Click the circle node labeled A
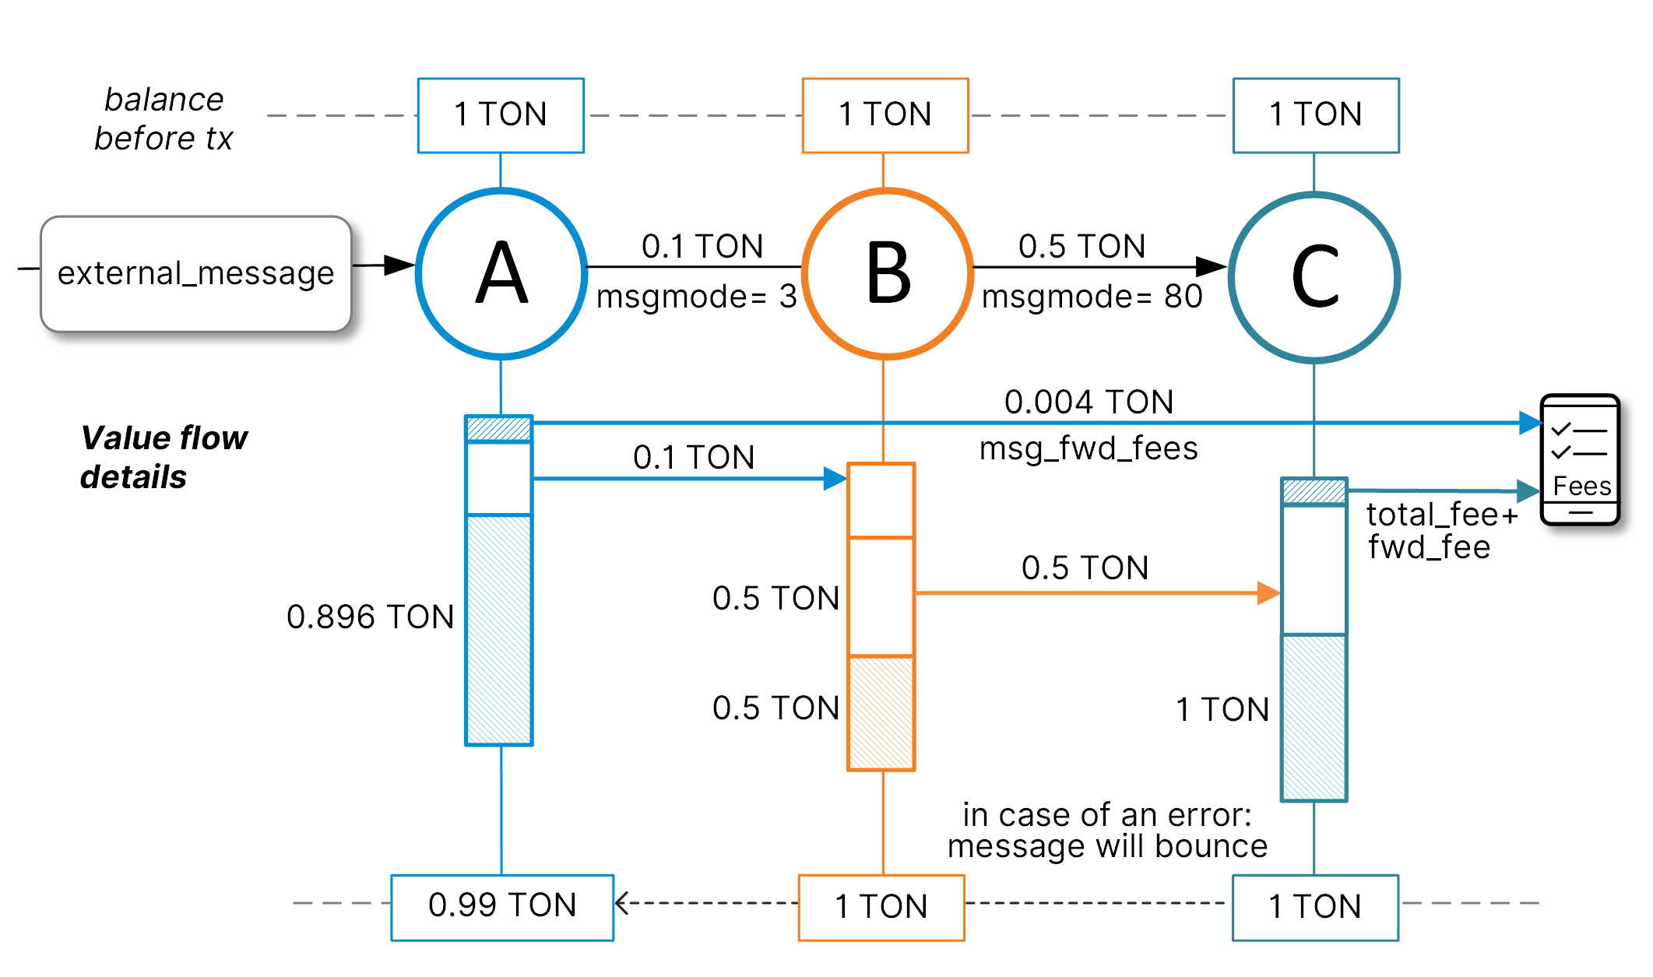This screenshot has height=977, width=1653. [x=501, y=273]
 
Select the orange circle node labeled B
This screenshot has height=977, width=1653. [x=887, y=273]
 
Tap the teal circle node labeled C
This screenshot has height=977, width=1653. [x=1314, y=277]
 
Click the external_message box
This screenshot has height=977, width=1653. [x=195, y=273]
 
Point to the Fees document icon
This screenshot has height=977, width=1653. [x=1580, y=459]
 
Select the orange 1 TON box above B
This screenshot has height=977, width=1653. [x=885, y=115]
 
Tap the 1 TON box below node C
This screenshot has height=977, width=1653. [x=1315, y=907]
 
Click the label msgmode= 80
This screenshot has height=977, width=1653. [x=1092, y=297]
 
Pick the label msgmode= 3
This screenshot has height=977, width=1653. [x=696, y=297]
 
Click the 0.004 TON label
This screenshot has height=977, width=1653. [x=1089, y=402]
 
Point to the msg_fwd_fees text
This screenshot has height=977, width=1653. [x=1089, y=448]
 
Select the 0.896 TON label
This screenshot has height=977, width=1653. [x=370, y=617]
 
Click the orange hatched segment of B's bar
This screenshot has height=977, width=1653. [x=881, y=712]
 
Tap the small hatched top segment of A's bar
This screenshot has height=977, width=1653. [x=498, y=429]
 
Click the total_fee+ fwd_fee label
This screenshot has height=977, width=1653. [x=1440, y=531]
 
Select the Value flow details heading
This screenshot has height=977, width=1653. [x=164, y=457]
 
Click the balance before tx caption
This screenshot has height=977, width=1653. [x=164, y=118]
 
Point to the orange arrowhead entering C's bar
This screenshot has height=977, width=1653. [x=1269, y=593]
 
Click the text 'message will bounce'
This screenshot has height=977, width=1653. [x=1107, y=847]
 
